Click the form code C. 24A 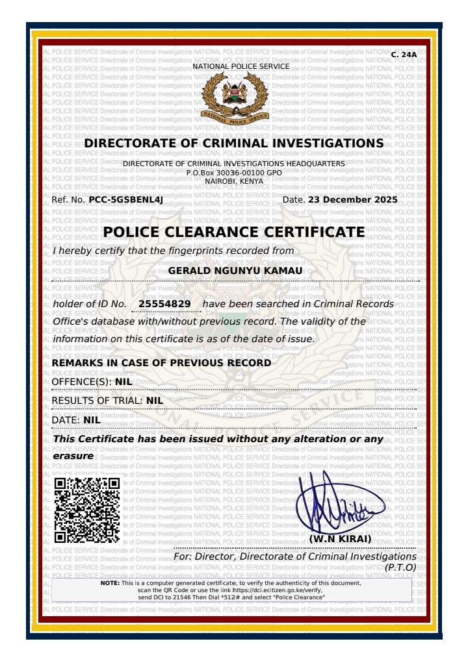(x=404, y=55)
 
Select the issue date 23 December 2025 (x=352, y=200)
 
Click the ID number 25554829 (x=164, y=304)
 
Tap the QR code (x=86, y=510)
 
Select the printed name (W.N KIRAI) (x=340, y=539)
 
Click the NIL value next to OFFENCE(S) (x=123, y=382)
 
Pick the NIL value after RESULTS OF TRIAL (x=155, y=401)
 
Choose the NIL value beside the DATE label (x=92, y=420)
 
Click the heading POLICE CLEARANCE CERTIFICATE (x=234, y=232)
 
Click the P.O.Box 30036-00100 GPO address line (x=234, y=173)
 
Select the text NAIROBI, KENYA (x=234, y=181)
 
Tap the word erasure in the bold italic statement (x=73, y=456)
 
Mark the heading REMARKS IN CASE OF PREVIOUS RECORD (x=162, y=363)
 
